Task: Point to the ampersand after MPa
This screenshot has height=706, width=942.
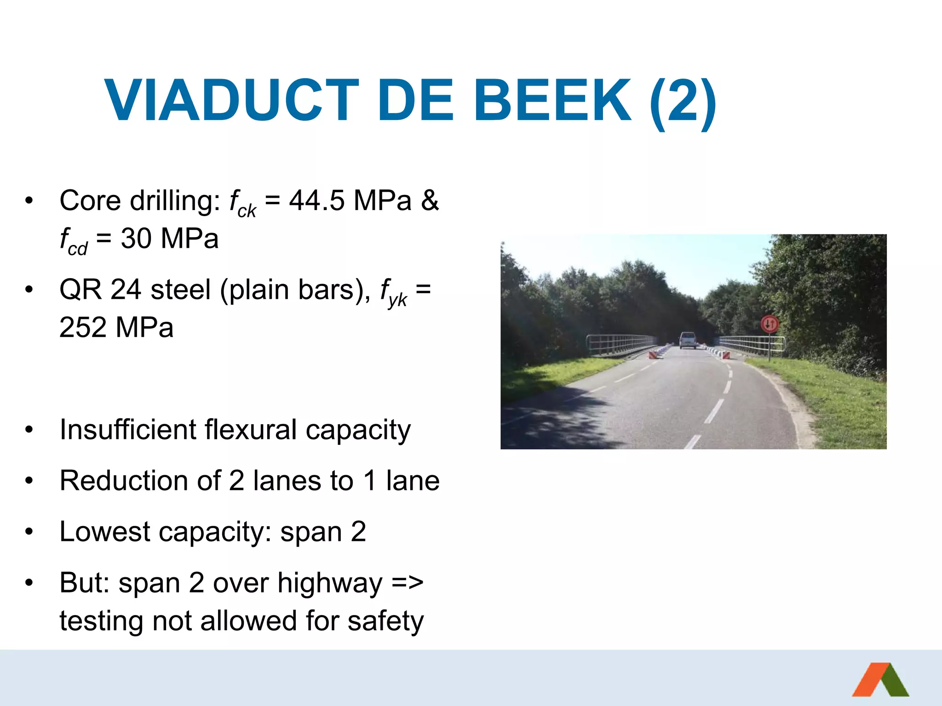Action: coord(430,201)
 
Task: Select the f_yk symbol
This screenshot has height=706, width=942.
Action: coord(393,292)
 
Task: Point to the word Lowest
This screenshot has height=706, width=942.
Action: coord(105,532)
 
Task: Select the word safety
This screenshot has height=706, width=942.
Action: coord(385,621)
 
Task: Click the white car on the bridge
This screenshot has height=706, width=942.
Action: coord(688,340)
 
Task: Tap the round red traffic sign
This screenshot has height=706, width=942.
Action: coord(770,324)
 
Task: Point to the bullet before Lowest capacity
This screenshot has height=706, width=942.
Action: coord(29,532)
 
